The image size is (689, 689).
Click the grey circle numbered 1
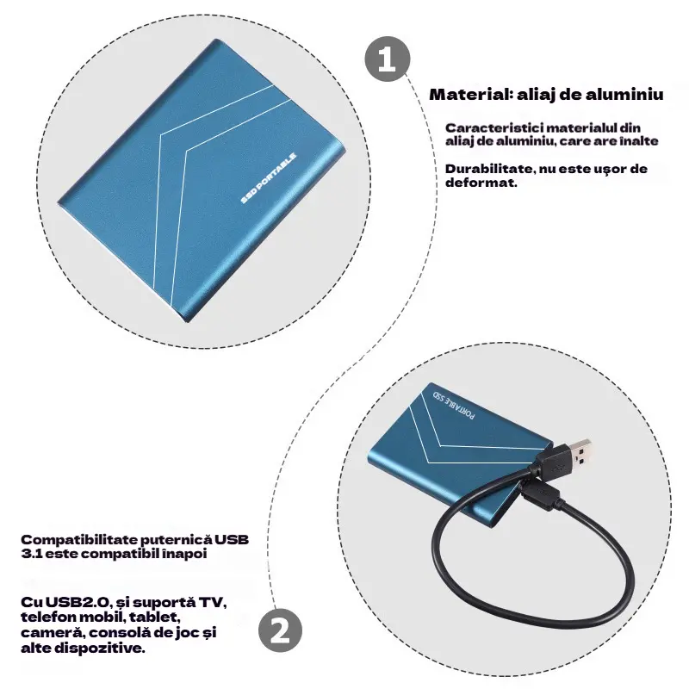[x=387, y=59]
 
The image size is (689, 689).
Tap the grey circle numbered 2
[x=280, y=630]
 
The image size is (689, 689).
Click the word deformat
[x=481, y=183]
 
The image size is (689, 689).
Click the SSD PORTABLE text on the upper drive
[x=269, y=178]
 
